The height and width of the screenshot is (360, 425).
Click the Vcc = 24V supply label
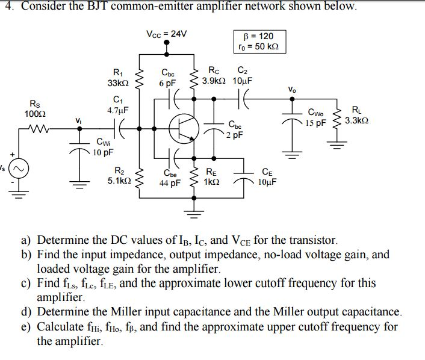point(167,33)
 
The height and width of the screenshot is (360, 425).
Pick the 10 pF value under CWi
point(103,153)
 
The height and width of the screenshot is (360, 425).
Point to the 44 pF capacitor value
point(170,184)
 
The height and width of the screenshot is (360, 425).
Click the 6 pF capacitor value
point(167,83)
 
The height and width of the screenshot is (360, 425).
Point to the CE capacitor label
point(267,171)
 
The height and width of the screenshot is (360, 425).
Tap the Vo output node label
point(292,90)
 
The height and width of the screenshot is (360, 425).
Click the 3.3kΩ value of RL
point(356,120)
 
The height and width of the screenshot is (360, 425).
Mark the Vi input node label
point(78,120)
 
